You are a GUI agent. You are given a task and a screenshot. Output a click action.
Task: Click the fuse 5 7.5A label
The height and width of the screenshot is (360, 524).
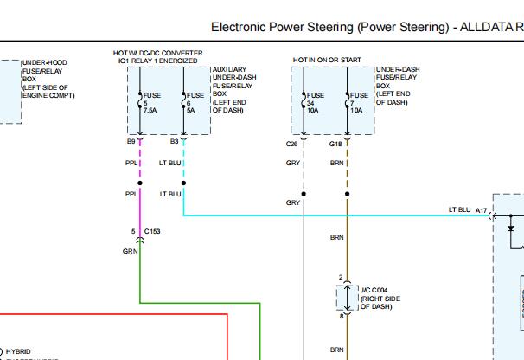(x=150, y=103)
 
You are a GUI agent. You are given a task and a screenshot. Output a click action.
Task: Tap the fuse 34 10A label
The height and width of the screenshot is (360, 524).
(x=313, y=103)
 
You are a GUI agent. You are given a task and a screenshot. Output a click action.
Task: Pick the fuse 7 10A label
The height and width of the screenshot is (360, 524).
(x=358, y=103)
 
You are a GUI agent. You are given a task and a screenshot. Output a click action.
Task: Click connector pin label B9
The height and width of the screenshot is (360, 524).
(x=131, y=140)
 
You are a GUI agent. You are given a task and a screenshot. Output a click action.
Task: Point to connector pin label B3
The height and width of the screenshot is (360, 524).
(x=175, y=140)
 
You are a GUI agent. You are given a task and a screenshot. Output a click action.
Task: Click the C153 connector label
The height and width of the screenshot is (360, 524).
(x=152, y=233)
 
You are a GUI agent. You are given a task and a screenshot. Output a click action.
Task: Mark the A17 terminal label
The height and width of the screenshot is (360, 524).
(x=481, y=210)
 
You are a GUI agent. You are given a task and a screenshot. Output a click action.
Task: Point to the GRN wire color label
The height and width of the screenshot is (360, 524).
(x=130, y=250)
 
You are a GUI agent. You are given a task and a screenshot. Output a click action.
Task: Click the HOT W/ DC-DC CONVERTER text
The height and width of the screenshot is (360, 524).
(x=158, y=54)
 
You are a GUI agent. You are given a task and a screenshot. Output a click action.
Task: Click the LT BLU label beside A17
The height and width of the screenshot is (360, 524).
(x=459, y=210)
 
